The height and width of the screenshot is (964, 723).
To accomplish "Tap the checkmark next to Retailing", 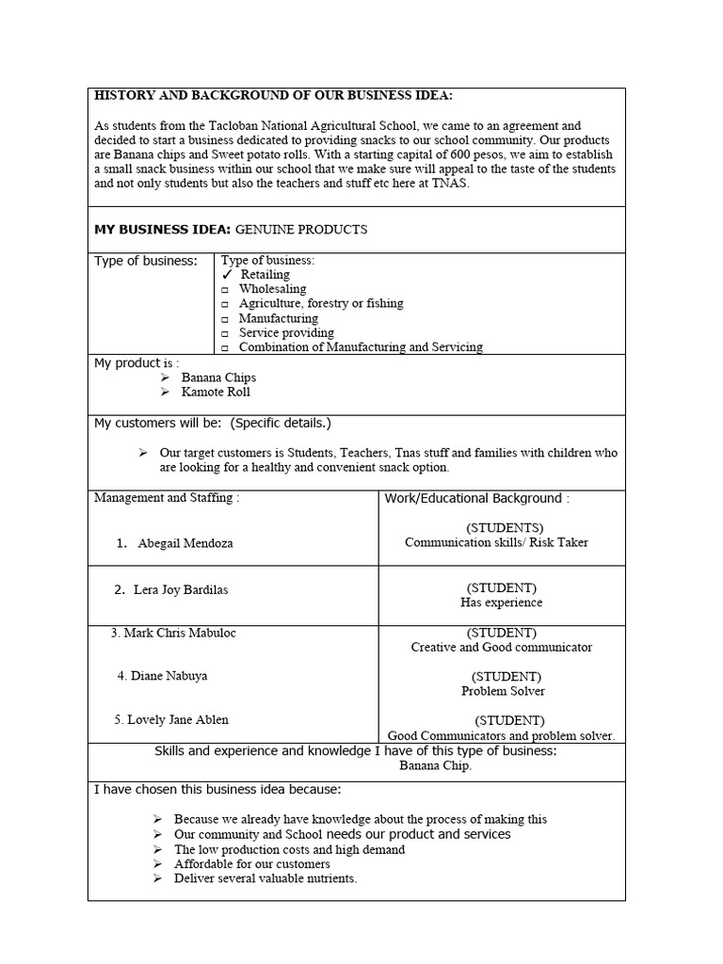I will [227, 274].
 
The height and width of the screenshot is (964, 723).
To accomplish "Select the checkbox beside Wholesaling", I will [225, 290].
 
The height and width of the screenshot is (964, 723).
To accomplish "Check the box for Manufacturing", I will [225, 319].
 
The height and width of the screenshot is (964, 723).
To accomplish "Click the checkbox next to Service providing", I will [225, 333].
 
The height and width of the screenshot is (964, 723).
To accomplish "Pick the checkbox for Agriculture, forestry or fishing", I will [225, 304].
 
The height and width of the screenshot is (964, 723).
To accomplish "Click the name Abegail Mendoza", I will [185, 544].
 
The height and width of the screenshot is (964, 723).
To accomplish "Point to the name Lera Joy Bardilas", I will [181, 590].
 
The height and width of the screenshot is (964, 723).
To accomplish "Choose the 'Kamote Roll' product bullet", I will [216, 393].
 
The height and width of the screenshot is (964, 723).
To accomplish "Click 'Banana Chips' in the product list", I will [218, 378].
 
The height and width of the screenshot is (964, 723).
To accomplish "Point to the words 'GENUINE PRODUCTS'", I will [301, 230].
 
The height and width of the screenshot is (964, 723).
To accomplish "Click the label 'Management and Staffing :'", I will [167, 498].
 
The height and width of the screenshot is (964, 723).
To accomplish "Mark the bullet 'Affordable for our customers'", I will [252, 864].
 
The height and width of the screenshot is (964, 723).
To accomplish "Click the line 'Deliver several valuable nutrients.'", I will [265, 879].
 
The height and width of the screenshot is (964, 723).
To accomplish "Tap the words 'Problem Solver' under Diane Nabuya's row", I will [503, 691].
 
